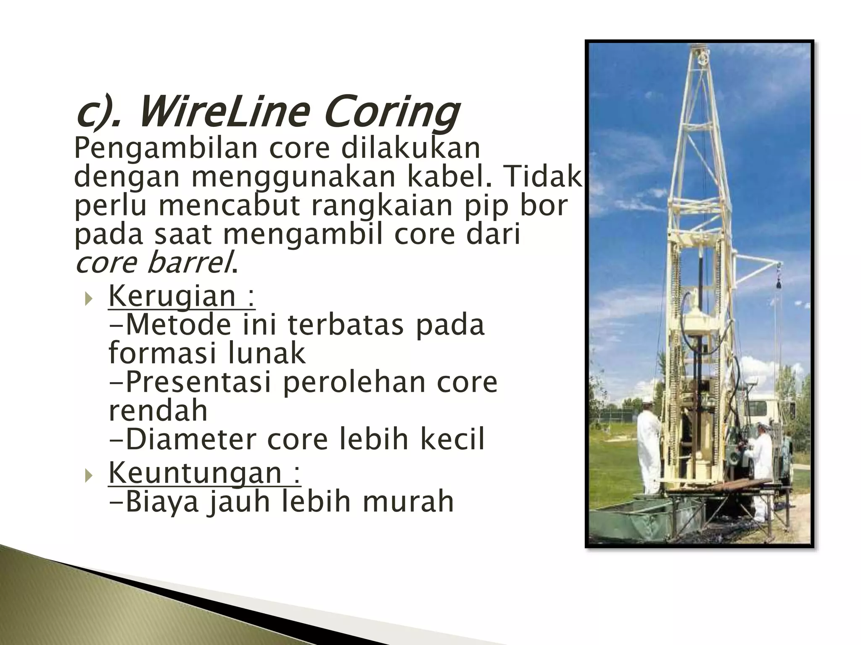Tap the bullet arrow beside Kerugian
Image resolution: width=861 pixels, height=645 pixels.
(88, 300)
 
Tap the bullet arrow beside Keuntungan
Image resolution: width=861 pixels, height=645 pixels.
(88, 476)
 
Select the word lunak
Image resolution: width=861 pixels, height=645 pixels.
(267, 353)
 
